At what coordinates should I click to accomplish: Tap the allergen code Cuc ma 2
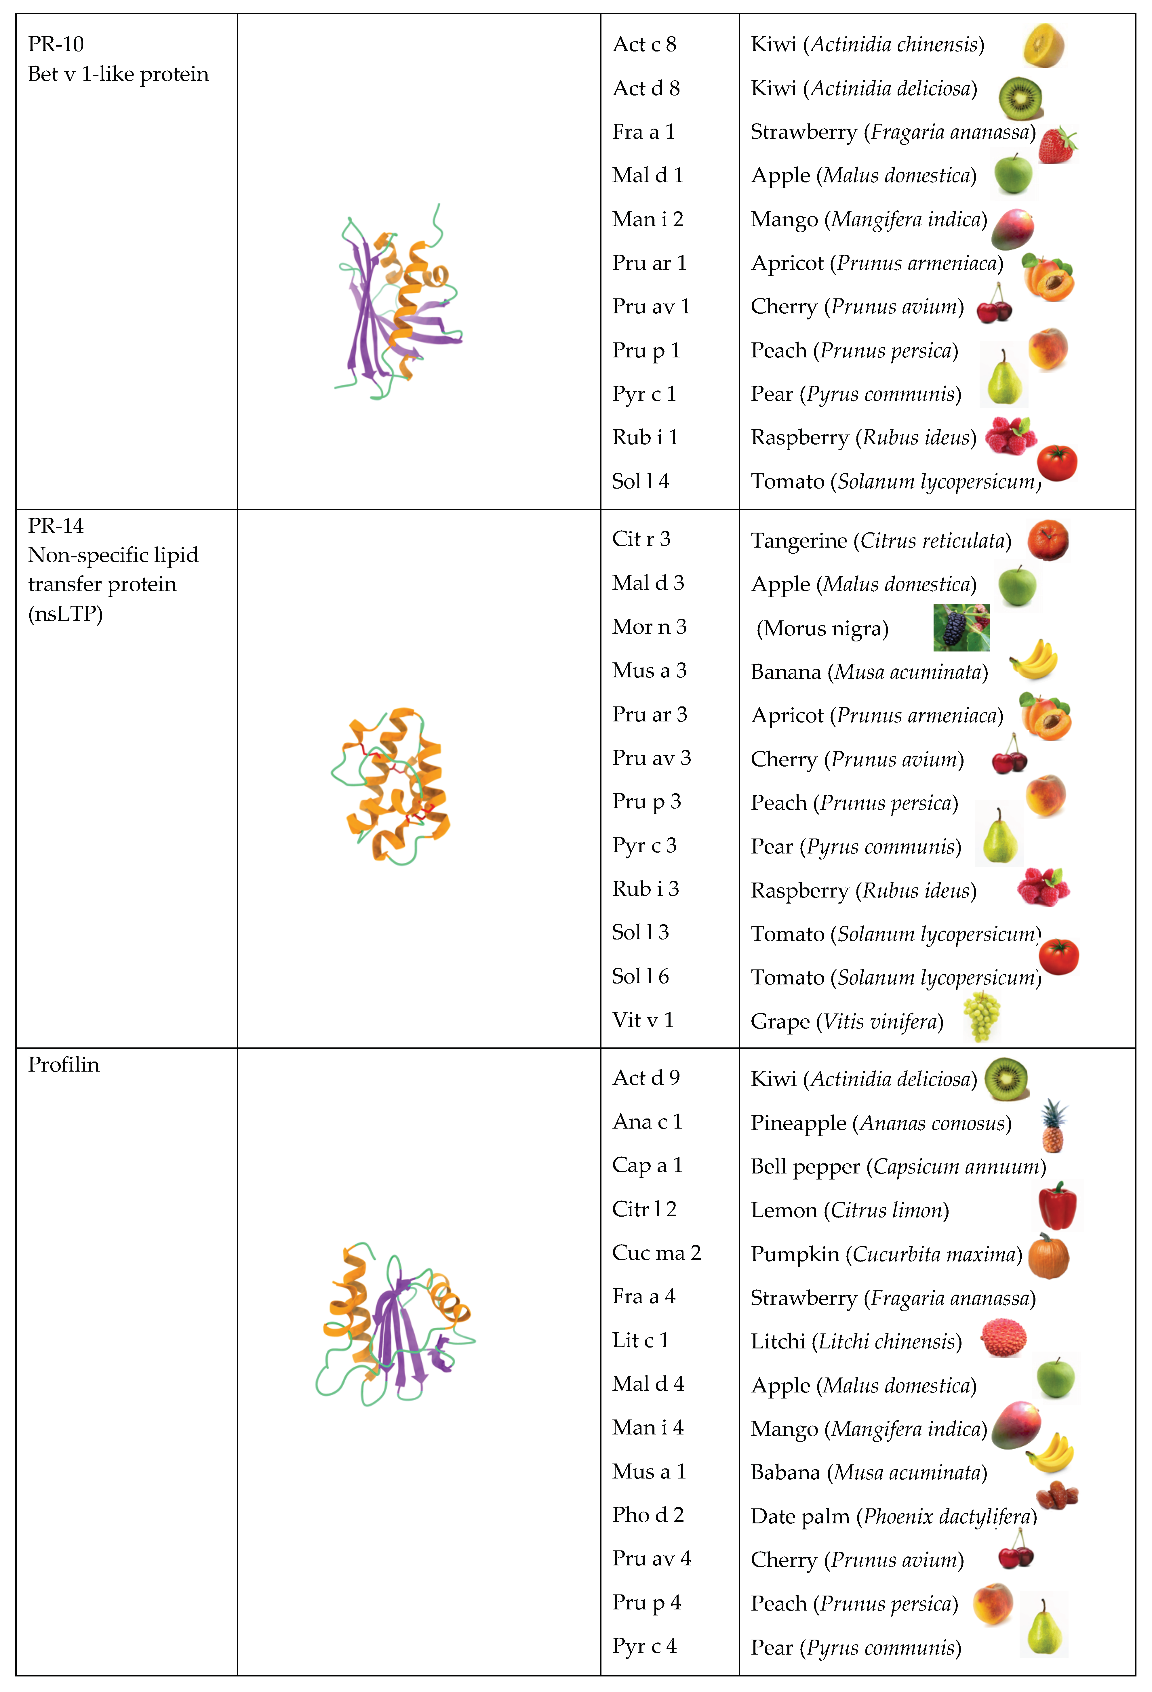pyautogui.click(x=656, y=1253)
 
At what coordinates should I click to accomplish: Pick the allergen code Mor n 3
pyautogui.click(x=649, y=627)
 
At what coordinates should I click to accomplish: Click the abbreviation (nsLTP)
pyautogui.click(x=66, y=614)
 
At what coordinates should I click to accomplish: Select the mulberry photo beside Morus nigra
pyautogui.click(x=961, y=627)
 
